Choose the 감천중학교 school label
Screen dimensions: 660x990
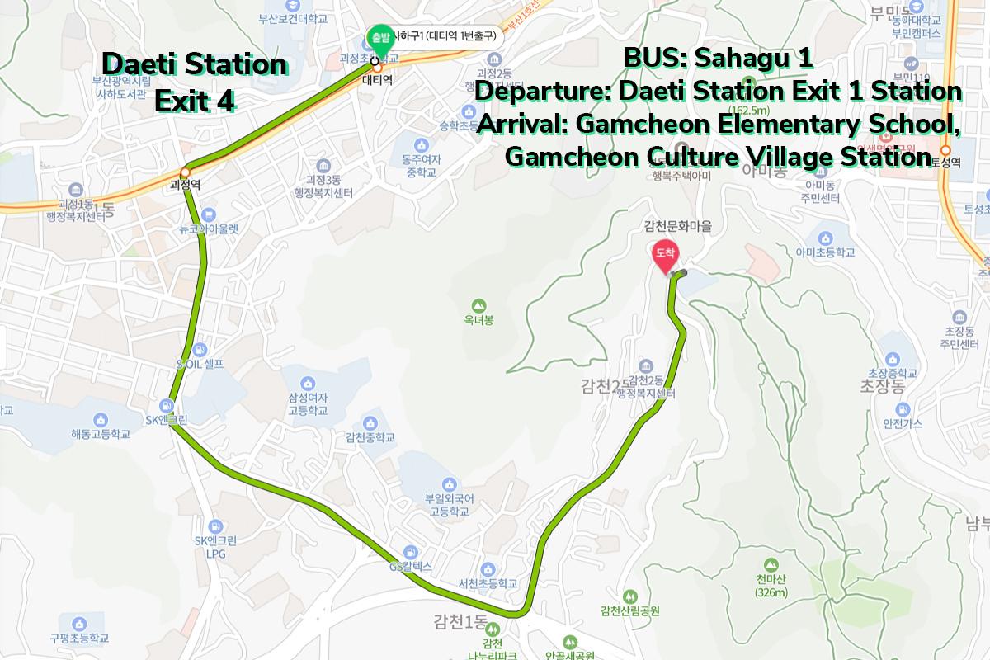pos(370,437)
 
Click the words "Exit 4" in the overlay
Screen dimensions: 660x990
pos(195,101)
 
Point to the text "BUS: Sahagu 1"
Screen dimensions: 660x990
pos(718,59)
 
